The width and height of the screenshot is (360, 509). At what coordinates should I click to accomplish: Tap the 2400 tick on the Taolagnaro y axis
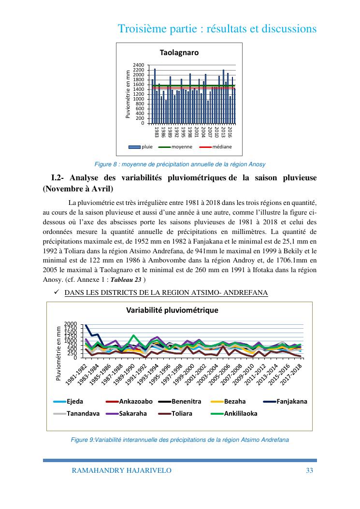pyautogui.click(x=138, y=65)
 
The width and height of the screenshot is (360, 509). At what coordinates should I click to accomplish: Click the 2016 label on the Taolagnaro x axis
pyautogui.click(x=230, y=132)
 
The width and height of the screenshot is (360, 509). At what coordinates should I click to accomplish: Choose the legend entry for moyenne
pyautogui.click(x=182, y=146)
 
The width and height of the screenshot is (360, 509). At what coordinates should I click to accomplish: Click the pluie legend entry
pyautogui.click(x=144, y=146)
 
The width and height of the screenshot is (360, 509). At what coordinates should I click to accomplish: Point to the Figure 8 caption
pyautogui.click(x=179, y=164)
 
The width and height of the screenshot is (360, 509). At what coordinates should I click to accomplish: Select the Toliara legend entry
pyautogui.click(x=182, y=413)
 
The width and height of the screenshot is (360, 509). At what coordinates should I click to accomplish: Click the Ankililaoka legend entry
pyautogui.click(x=241, y=413)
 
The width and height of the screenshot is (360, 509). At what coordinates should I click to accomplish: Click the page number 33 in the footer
pyautogui.click(x=310, y=470)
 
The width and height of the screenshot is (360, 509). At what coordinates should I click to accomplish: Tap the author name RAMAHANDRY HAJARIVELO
pyautogui.click(x=121, y=470)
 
